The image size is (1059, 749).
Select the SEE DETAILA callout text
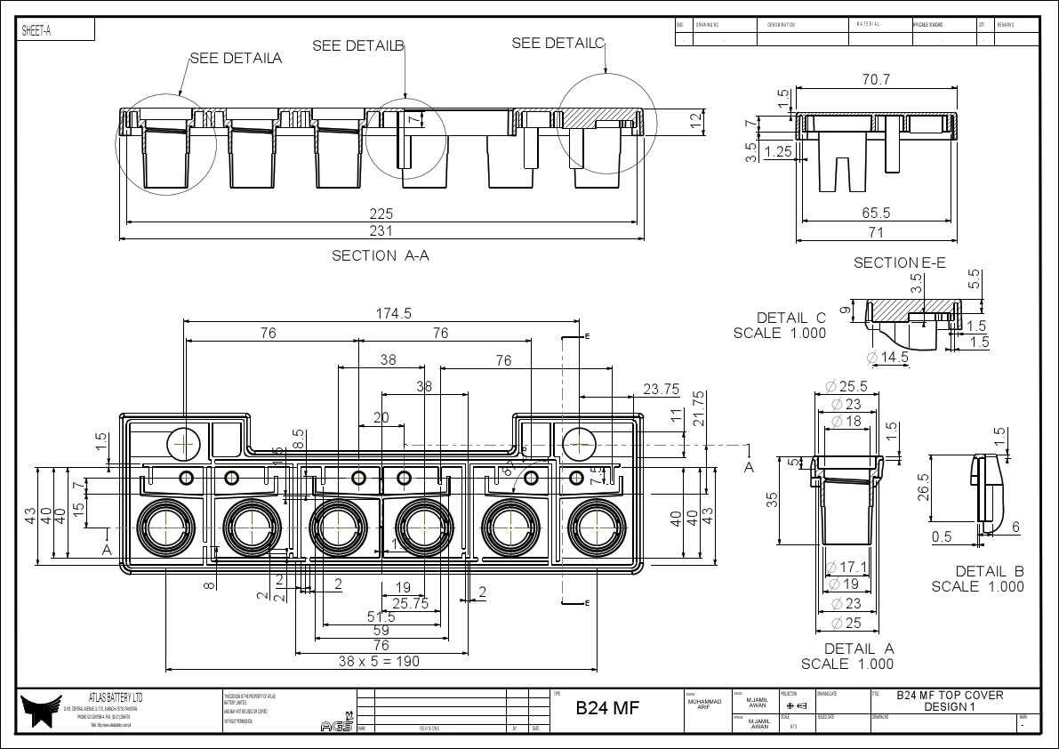click(x=236, y=59)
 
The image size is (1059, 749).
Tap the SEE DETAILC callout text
click(x=558, y=44)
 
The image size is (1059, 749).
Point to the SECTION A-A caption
click(x=381, y=256)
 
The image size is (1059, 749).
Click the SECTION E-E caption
click(x=899, y=262)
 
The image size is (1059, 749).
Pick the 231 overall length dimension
click(x=381, y=231)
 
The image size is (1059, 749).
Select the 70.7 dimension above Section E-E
click(x=876, y=80)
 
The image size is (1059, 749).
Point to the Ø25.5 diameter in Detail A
click(x=846, y=387)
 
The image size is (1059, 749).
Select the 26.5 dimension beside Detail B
click(x=924, y=487)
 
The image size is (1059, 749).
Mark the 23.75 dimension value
click(x=661, y=389)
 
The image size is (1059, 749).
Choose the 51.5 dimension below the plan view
click(x=381, y=616)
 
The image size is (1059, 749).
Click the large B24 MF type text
click(x=607, y=708)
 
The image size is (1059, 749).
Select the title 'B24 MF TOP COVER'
click(x=949, y=695)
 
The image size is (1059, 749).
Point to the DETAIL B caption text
click(x=990, y=571)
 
